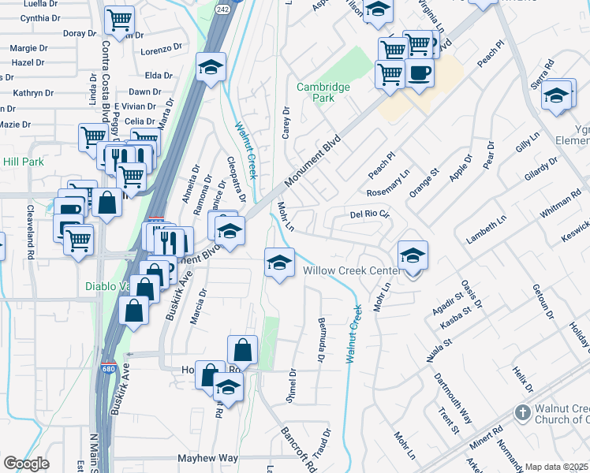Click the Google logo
(x=27, y=464)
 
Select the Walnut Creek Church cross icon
(x=521, y=412)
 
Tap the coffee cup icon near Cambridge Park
(x=420, y=73)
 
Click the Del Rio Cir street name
(x=370, y=214)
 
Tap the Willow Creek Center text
(x=351, y=270)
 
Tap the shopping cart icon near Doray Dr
(x=119, y=19)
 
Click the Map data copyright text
(x=557, y=467)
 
